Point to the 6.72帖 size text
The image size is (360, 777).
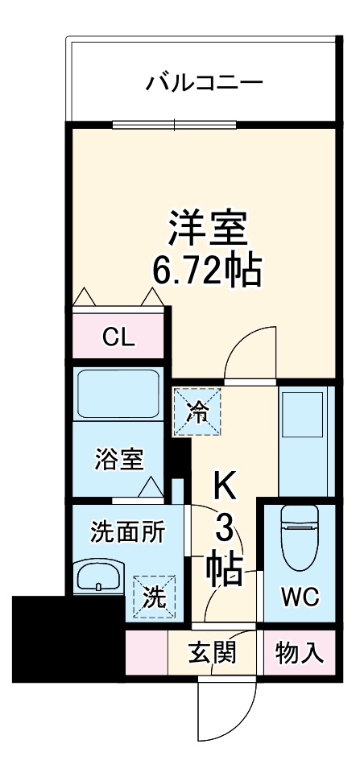[x=208, y=272]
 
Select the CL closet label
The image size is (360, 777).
[x=120, y=337]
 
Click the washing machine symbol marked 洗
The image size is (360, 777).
[x=153, y=597]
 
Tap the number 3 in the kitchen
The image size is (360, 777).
[x=226, y=530]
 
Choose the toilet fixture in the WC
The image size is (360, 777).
[x=299, y=536]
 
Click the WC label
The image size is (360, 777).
[x=299, y=597]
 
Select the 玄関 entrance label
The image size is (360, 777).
[x=213, y=652]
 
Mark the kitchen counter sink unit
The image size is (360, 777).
[x=304, y=440]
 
